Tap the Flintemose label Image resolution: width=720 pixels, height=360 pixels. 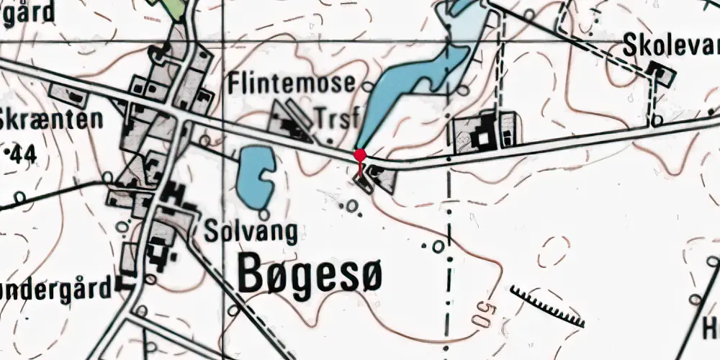click(x=291, y=84)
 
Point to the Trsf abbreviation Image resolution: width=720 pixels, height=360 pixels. click(x=336, y=118)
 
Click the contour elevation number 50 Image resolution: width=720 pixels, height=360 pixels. click(x=483, y=313)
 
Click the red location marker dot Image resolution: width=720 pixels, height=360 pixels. click(x=360, y=155)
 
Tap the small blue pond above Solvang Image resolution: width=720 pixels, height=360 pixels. click(x=255, y=175)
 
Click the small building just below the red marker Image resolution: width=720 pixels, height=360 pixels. click(x=364, y=183)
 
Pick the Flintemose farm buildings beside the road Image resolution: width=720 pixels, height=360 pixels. click(x=291, y=122)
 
